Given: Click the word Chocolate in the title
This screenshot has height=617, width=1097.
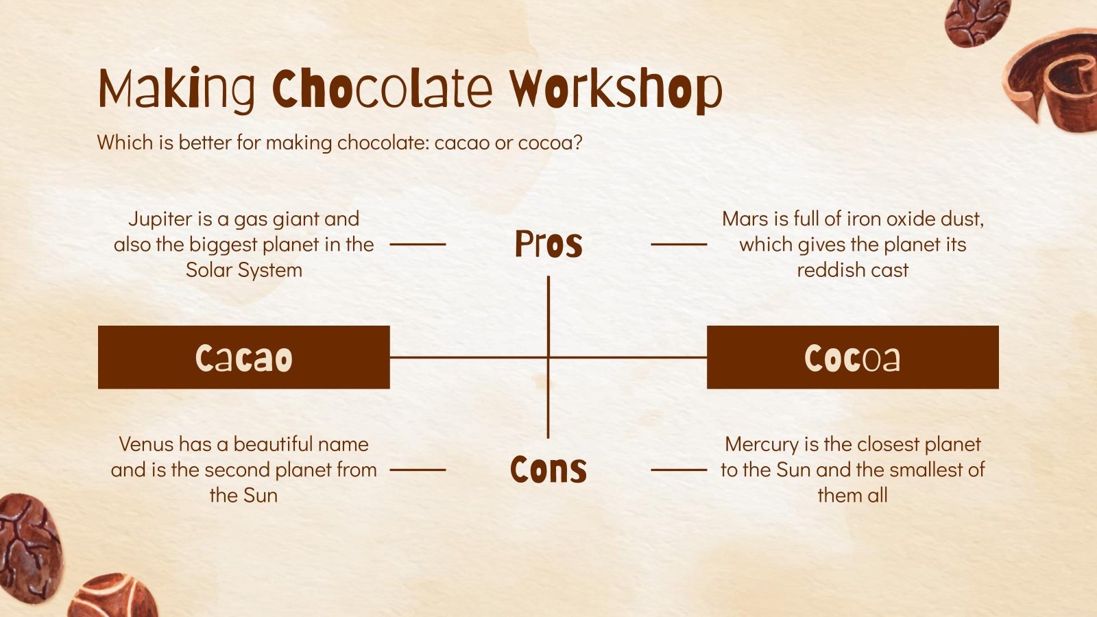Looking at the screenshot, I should (383, 89).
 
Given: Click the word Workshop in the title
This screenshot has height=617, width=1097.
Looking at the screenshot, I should (616, 89).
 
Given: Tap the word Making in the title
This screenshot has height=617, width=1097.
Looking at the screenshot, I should (177, 89).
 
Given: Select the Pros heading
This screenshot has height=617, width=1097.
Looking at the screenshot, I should (548, 244).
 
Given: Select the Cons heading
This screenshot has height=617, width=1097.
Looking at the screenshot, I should (548, 470).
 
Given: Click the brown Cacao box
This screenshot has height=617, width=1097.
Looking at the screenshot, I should (243, 357).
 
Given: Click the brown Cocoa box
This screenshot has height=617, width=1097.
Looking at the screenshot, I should (852, 357).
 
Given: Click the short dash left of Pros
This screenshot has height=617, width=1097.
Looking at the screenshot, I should (418, 244).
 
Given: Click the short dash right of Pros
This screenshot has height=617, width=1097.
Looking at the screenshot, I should (678, 244).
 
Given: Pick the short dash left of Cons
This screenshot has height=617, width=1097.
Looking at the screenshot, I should (418, 470).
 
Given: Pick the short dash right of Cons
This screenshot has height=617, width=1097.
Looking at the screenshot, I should (678, 470).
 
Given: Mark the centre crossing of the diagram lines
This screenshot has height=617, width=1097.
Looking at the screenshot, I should (548, 357).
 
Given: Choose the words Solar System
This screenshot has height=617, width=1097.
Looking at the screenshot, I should (244, 270).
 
